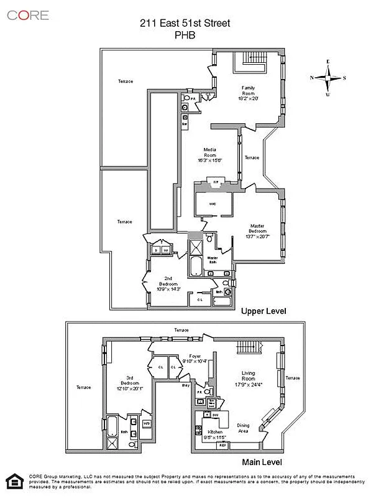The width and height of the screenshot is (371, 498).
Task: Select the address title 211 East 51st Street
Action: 185,24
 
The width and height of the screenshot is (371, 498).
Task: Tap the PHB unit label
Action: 185,36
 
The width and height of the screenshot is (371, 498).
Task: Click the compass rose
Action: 328,78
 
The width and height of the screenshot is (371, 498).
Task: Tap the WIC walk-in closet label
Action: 212,204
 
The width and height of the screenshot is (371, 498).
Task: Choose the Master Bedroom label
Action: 258,230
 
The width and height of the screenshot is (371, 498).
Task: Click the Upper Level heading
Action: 263,311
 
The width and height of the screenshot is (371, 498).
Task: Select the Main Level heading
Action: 262,462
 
